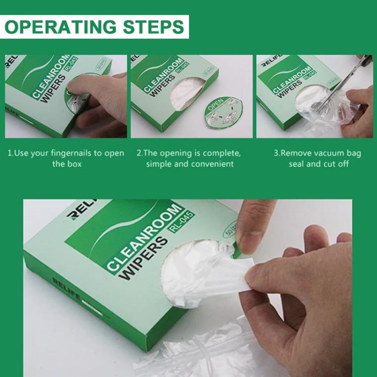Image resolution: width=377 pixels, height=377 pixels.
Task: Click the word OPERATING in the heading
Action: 60,27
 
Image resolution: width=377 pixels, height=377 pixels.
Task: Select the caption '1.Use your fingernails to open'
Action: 65,153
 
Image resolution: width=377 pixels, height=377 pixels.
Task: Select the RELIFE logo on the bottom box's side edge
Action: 66,288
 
